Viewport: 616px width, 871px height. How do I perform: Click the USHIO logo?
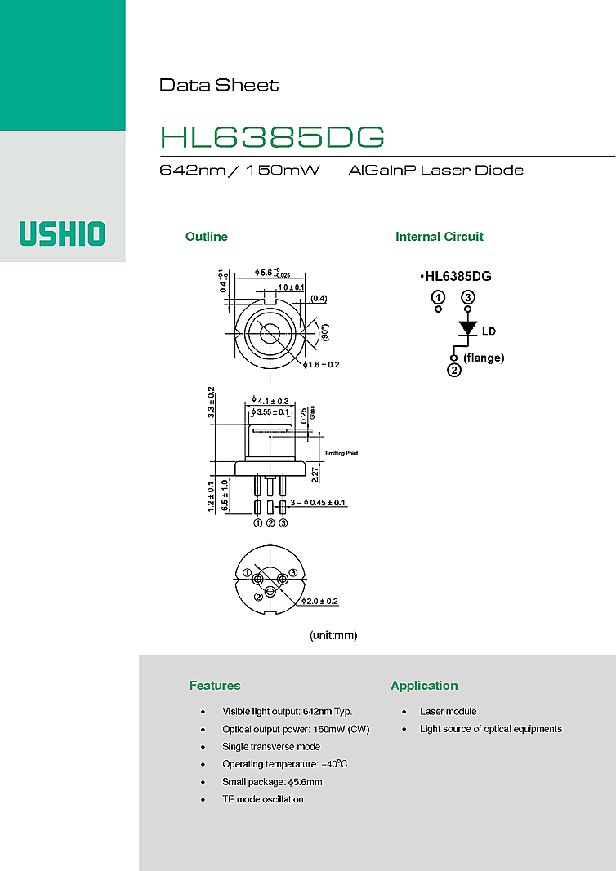pyautogui.click(x=62, y=233)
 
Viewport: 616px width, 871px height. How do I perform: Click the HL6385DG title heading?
pyautogui.click(x=272, y=137)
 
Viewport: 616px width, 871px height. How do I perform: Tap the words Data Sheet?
pyautogui.click(x=219, y=85)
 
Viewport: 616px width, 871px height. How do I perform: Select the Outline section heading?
pyautogui.click(x=207, y=237)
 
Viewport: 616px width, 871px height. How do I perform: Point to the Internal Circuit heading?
pyautogui.click(x=440, y=237)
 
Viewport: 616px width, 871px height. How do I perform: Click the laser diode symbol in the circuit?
pyautogui.click(x=467, y=328)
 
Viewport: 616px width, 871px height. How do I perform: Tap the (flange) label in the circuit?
pyautogui.click(x=484, y=358)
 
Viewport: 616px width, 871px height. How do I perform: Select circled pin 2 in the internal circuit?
pyautogui.click(x=454, y=370)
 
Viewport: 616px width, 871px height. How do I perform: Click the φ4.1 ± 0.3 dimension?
pyautogui.click(x=272, y=401)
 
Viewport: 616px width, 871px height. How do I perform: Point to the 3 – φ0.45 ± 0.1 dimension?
pyautogui.click(x=318, y=502)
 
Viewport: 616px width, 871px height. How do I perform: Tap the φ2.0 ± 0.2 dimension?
pyautogui.click(x=320, y=601)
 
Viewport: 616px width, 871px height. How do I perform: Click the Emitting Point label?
pyautogui.click(x=341, y=453)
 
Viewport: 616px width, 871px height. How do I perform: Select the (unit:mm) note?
pyautogui.click(x=333, y=634)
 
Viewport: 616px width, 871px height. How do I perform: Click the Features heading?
pyautogui.click(x=215, y=686)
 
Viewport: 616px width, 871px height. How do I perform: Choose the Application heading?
pyautogui.click(x=424, y=686)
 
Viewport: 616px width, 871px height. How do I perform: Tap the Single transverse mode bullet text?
pyautogui.click(x=271, y=747)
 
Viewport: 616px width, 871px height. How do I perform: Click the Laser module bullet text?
pyautogui.click(x=448, y=712)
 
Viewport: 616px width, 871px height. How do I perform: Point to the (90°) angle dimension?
pyautogui.click(x=324, y=333)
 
